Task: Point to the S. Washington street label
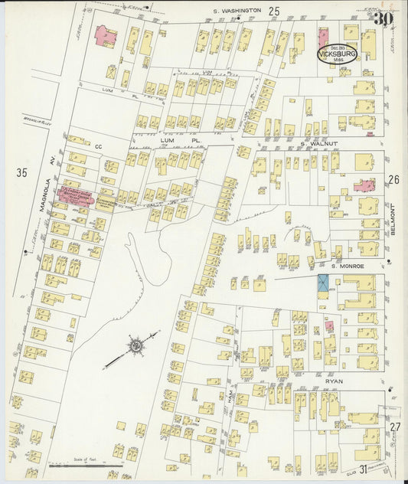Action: pyautogui.click(x=237, y=11)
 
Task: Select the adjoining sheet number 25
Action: pyautogui.click(x=273, y=10)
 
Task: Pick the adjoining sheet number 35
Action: pyautogui.click(x=21, y=172)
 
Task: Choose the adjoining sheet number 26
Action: pyautogui.click(x=393, y=180)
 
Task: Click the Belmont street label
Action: pyautogui.click(x=393, y=220)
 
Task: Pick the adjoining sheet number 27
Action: pyautogui.click(x=394, y=427)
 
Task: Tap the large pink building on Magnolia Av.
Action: pyautogui.click(x=76, y=194)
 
